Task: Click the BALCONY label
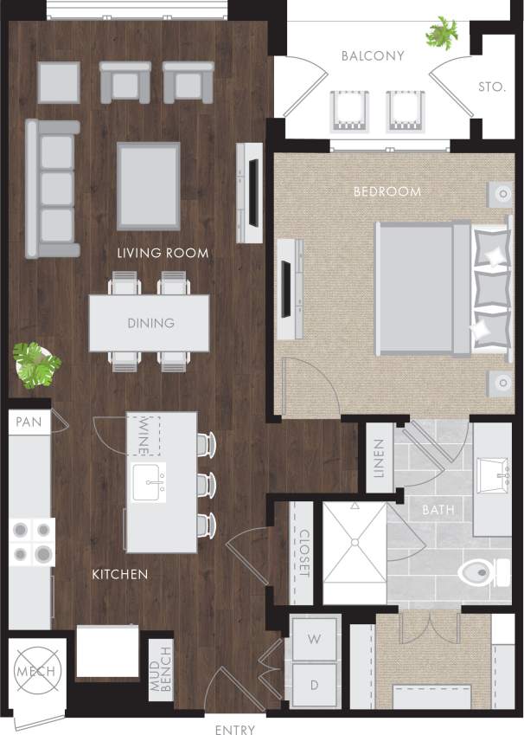(x=373, y=56)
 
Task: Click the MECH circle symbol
(x=35, y=673)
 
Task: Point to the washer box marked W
(x=315, y=641)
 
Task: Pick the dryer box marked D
(x=315, y=685)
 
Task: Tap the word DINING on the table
(x=150, y=323)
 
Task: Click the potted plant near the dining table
(x=35, y=364)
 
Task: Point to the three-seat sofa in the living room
(x=52, y=189)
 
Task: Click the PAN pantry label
(x=29, y=422)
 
